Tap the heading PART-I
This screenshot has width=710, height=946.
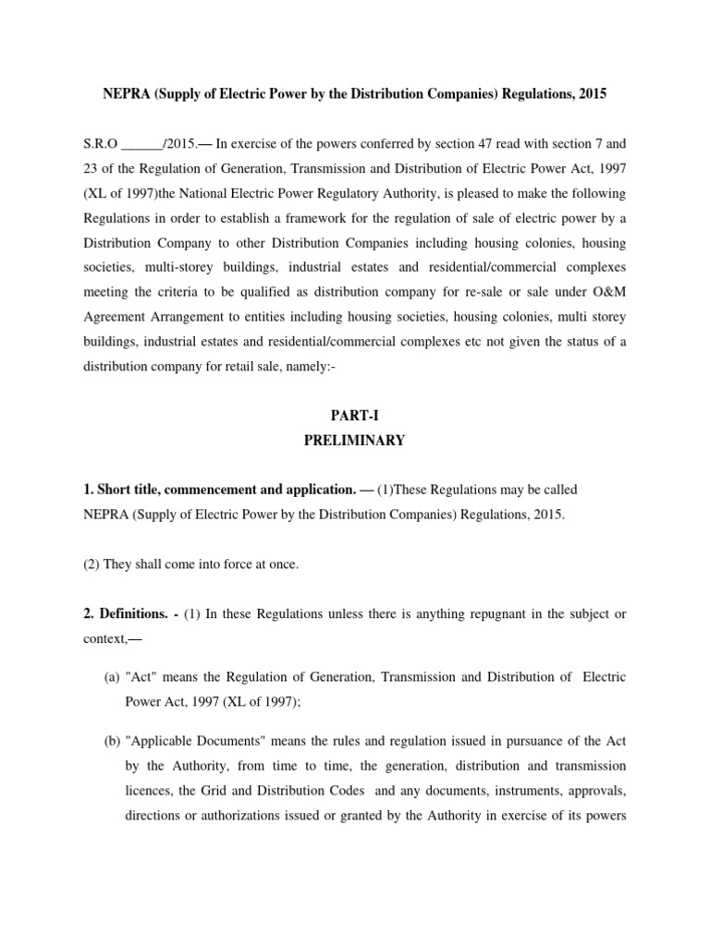354,417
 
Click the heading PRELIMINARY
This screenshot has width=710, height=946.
354,441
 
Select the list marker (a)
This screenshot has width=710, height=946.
110,677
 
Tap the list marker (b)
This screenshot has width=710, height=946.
110,741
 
